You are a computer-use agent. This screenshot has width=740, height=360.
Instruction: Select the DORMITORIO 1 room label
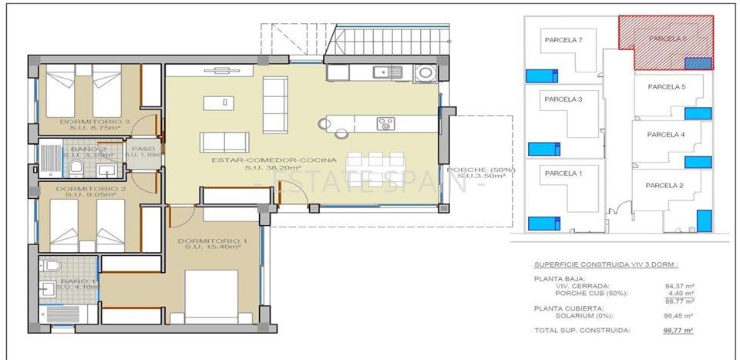point(212,241)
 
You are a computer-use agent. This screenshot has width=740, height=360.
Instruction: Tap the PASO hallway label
point(143,150)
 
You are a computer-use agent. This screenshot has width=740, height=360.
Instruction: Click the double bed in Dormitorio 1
point(210,297)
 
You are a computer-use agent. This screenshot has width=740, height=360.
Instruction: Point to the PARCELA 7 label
point(563,40)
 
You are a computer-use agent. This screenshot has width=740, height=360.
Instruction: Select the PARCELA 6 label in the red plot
point(668,37)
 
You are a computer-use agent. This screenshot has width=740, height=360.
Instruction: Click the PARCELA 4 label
point(666,134)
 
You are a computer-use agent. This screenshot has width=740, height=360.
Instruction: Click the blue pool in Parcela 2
point(703,220)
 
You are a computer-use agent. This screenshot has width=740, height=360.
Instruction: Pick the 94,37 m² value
point(678,285)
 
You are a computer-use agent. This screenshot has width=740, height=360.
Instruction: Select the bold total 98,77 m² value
point(678,330)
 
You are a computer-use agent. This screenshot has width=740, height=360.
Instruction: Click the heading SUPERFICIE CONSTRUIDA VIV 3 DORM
point(606,264)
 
